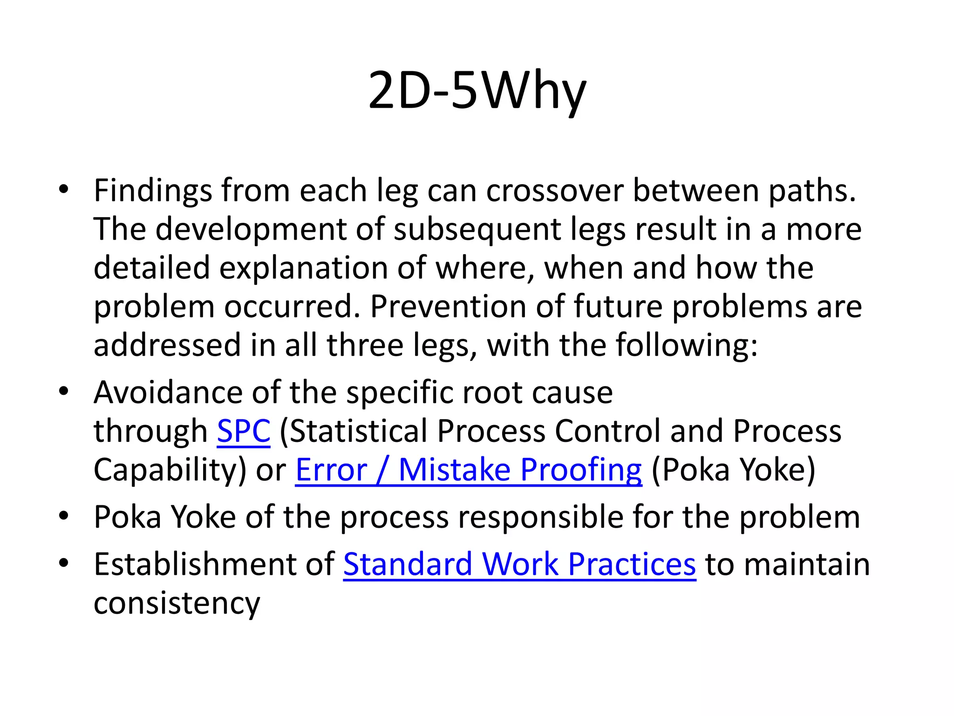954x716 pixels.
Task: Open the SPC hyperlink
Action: pyautogui.click(x=244, y=431)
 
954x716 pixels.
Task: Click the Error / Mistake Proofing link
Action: pyautogui.click(x=468, y=469)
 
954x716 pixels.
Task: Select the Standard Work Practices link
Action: pyautogui.click(x=519, y=564)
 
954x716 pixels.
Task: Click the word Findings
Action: pyautogui.click(x=152, y=191)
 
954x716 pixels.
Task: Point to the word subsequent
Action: pyautogui.click(x=477, y=230)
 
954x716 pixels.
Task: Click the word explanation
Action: pyautogui.click(x=303, y=268)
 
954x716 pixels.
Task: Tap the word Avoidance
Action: pyautogui.click(x=168, y=392)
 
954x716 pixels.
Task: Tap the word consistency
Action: pyautogui.click(x=177, y=603)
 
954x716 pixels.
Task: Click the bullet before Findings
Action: pyautogui.click(x=64, y=189)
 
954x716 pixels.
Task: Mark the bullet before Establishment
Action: pyautogui.click(x=64, y=563)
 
